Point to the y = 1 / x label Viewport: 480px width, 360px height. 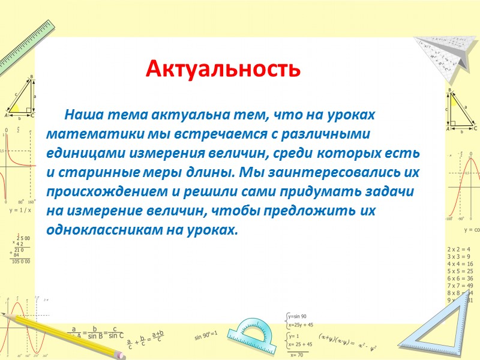pos(20,211)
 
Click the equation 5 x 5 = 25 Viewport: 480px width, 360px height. pos(460,271)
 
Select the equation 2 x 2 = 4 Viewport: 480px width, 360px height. pos(459,249)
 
